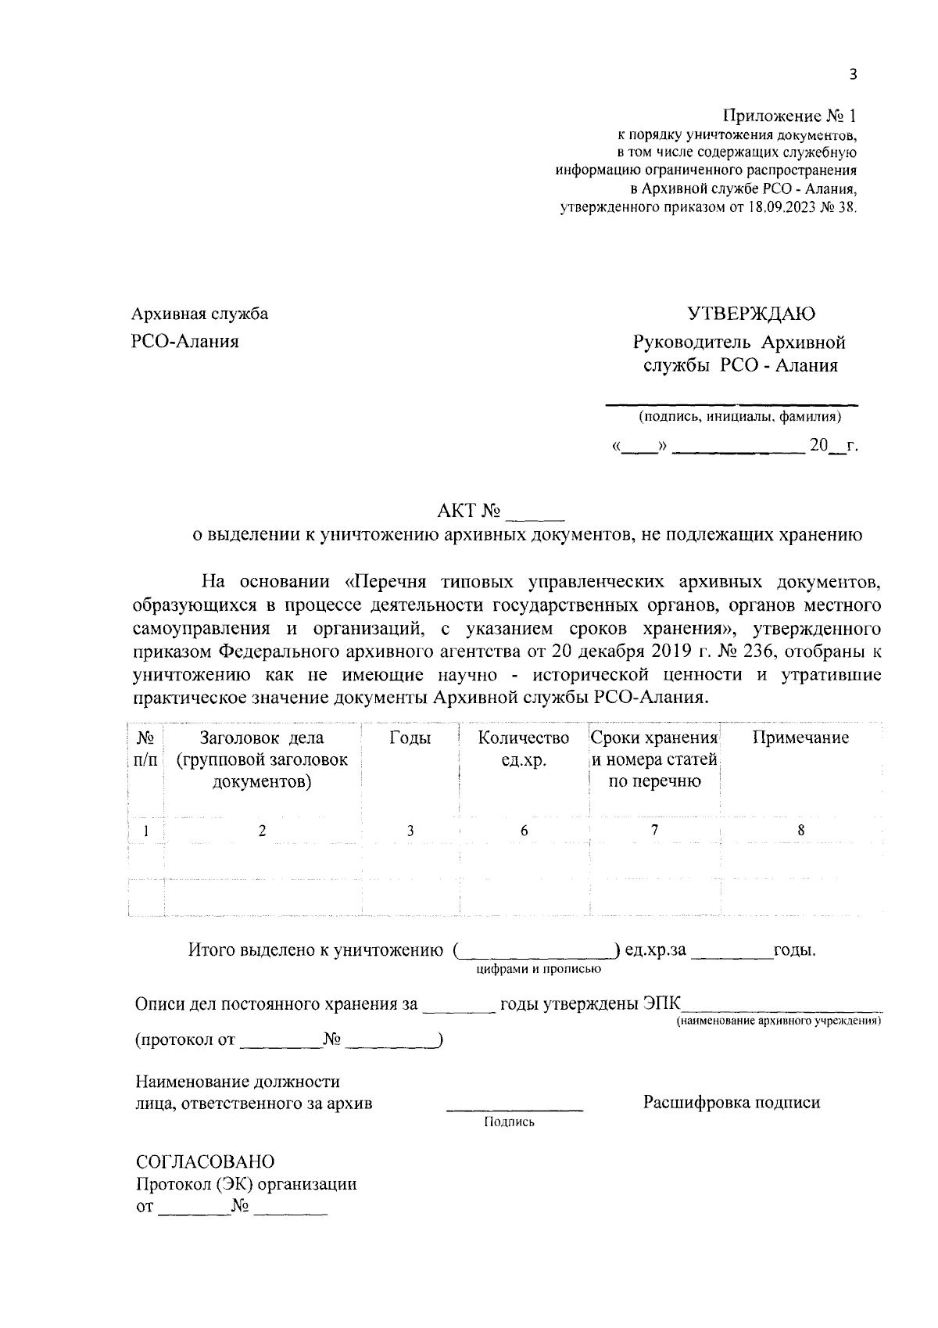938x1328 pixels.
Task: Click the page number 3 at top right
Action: (x=853, y=75)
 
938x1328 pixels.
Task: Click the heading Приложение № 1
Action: (x=789, y=117)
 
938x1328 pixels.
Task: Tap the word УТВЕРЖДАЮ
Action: (x=750, y=314)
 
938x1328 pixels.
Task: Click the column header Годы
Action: (x=410, y=738)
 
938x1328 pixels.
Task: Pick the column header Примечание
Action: (x=800, y=738)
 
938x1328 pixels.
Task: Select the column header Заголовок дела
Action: (x=262, y=738)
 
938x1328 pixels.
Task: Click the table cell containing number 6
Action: (x=524, y=831)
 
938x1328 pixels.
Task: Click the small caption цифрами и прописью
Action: (x=538, y=970)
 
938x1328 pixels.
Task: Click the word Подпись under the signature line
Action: (x=509, y=1122)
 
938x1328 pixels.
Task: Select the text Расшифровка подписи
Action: (x=732, y=1103)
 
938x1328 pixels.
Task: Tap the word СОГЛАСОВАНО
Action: (x=205, y=1161)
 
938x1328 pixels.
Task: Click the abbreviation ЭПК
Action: (x=662, y=1004)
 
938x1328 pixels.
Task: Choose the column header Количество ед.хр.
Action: (x=524, y=748)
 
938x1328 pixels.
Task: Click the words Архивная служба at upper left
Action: (x=200, y=314)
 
